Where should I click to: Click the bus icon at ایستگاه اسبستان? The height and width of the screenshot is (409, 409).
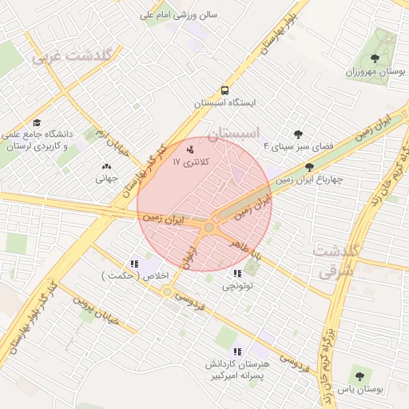click(x=225, y=90)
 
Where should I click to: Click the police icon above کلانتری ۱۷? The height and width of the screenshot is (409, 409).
click(x=190, y=149)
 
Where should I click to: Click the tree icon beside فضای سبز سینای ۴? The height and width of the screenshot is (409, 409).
click(x=299, y=134)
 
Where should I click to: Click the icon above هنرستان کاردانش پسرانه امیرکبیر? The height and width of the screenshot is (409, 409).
click(x=237, y=351)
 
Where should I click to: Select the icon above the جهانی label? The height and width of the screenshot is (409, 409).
click(x=106, y=166)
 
